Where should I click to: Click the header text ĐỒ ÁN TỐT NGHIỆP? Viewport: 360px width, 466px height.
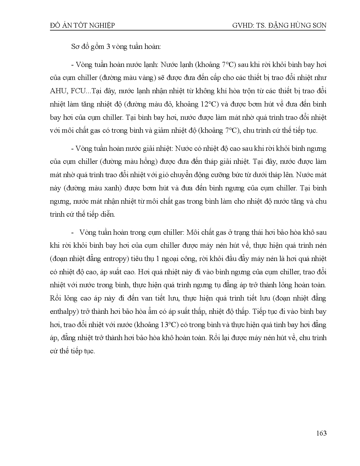coord(82,26)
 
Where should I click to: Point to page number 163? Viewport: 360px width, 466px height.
coord(321,433)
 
